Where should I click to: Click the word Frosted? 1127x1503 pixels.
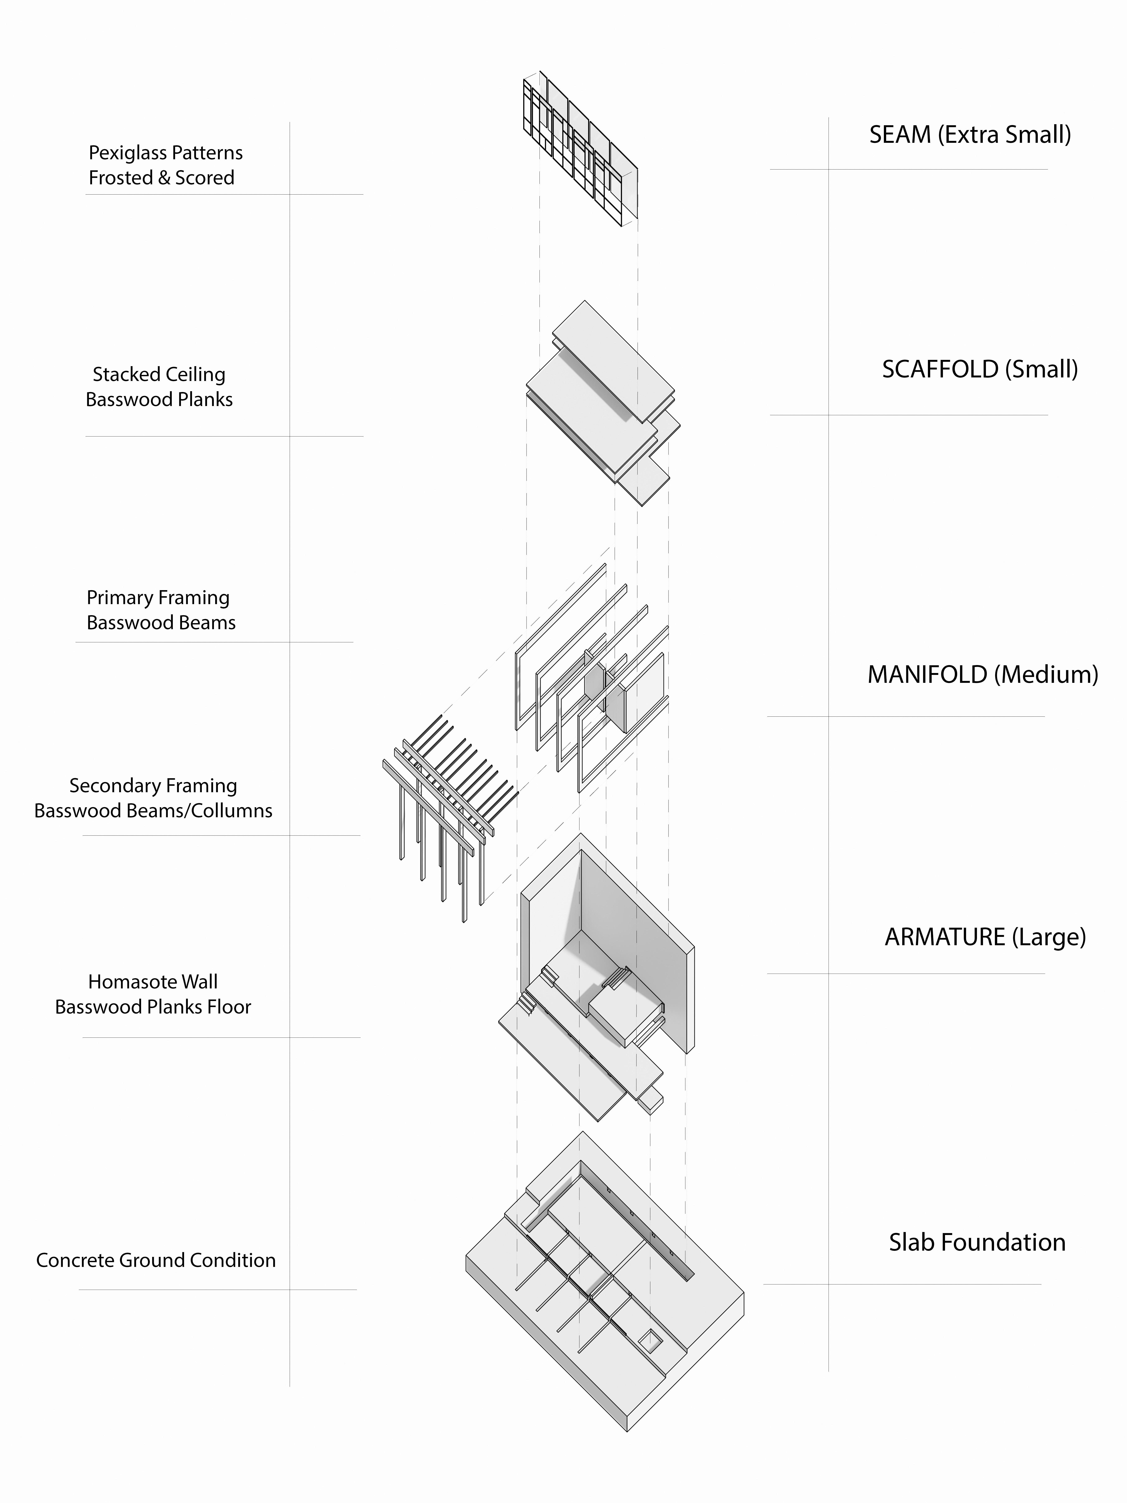tap(120, 178)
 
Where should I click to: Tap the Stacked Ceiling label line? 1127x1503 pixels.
tap(159, 374)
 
